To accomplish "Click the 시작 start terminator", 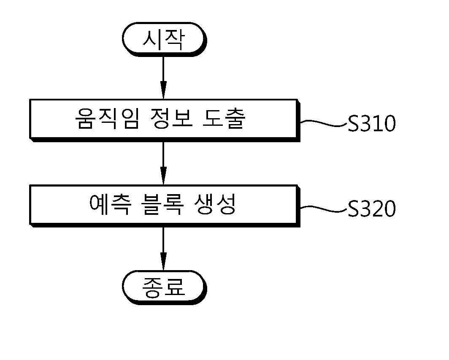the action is click(164, 39).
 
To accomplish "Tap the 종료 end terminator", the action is click(164, 287).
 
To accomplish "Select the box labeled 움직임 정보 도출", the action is click(165, 120).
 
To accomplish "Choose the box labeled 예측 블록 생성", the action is click(165, 206).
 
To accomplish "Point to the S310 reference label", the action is click(372, 124).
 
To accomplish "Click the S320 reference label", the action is click(372, 208).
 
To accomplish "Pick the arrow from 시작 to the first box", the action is click(163, 78).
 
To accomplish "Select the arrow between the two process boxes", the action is click(163, 163).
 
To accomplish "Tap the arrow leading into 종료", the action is click(163, 249).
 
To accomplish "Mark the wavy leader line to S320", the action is click(324, 209).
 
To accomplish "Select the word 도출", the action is click(224, 119).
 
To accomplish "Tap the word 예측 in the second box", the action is click(111, 205).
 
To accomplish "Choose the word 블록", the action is click(162, 205).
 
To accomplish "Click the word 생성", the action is click(215, 205).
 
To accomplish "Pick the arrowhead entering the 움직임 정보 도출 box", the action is click(163, 90).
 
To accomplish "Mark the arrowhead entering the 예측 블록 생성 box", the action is click(163, 176).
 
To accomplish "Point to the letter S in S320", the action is click(353, 208).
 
